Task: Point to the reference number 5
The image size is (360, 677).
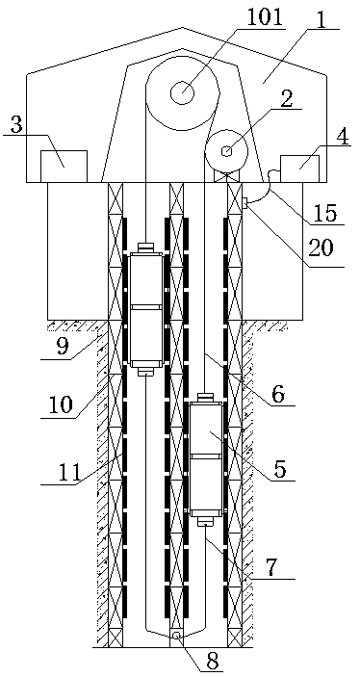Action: coord(280,471)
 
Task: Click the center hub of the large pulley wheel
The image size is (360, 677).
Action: coord(182,91)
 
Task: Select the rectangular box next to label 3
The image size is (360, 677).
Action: coord(63,166)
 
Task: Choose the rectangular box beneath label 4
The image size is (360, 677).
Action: coord(299,167)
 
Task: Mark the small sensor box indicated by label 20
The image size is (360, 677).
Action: coord(246,203)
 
